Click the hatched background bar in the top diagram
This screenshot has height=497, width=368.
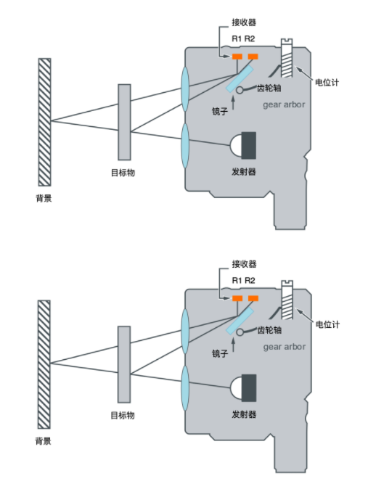pos(44,122)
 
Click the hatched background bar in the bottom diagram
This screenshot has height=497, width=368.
pos(44,364)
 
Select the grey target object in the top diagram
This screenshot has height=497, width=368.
pos(124,122)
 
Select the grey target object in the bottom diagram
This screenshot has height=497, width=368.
pos(124,364)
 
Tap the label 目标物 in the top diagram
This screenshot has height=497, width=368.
pos(123,173)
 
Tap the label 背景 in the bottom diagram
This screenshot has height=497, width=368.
pos(43,441)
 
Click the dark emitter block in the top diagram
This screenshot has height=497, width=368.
pos(249,146)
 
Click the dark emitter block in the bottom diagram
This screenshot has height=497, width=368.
pos(249,388)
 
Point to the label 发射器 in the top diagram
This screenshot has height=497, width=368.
pos(243,172)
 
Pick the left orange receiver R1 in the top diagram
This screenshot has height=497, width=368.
pos(237,57)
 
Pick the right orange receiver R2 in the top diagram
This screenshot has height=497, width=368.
pos(253,57)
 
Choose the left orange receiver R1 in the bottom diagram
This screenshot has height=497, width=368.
pos(237,298)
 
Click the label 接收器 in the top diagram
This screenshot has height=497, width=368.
pos(244,22)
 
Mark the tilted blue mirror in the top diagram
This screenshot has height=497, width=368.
pos(240,78)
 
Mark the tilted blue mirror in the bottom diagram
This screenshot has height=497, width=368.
pos(240,321)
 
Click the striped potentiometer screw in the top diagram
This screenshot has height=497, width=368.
pos(287,58)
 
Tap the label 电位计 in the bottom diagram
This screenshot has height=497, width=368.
pos(327,324)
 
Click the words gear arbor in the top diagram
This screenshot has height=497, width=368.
pos(284,104)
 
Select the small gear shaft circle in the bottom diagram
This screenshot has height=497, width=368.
pos(240,332)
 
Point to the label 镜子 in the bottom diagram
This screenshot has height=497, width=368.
pos(220,353)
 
